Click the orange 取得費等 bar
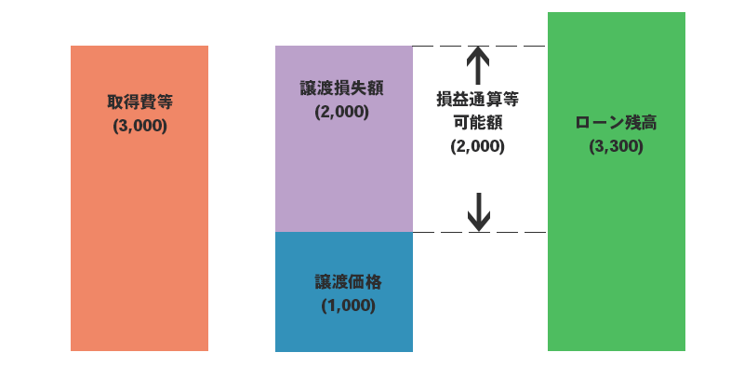click(139, 233)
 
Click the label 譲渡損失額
click(342, 88)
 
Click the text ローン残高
click(616, 123)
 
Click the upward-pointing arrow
click(478, 65)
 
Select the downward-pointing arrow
click(478, 212)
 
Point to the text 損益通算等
click(478, 98)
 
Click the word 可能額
click(478, 121)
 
